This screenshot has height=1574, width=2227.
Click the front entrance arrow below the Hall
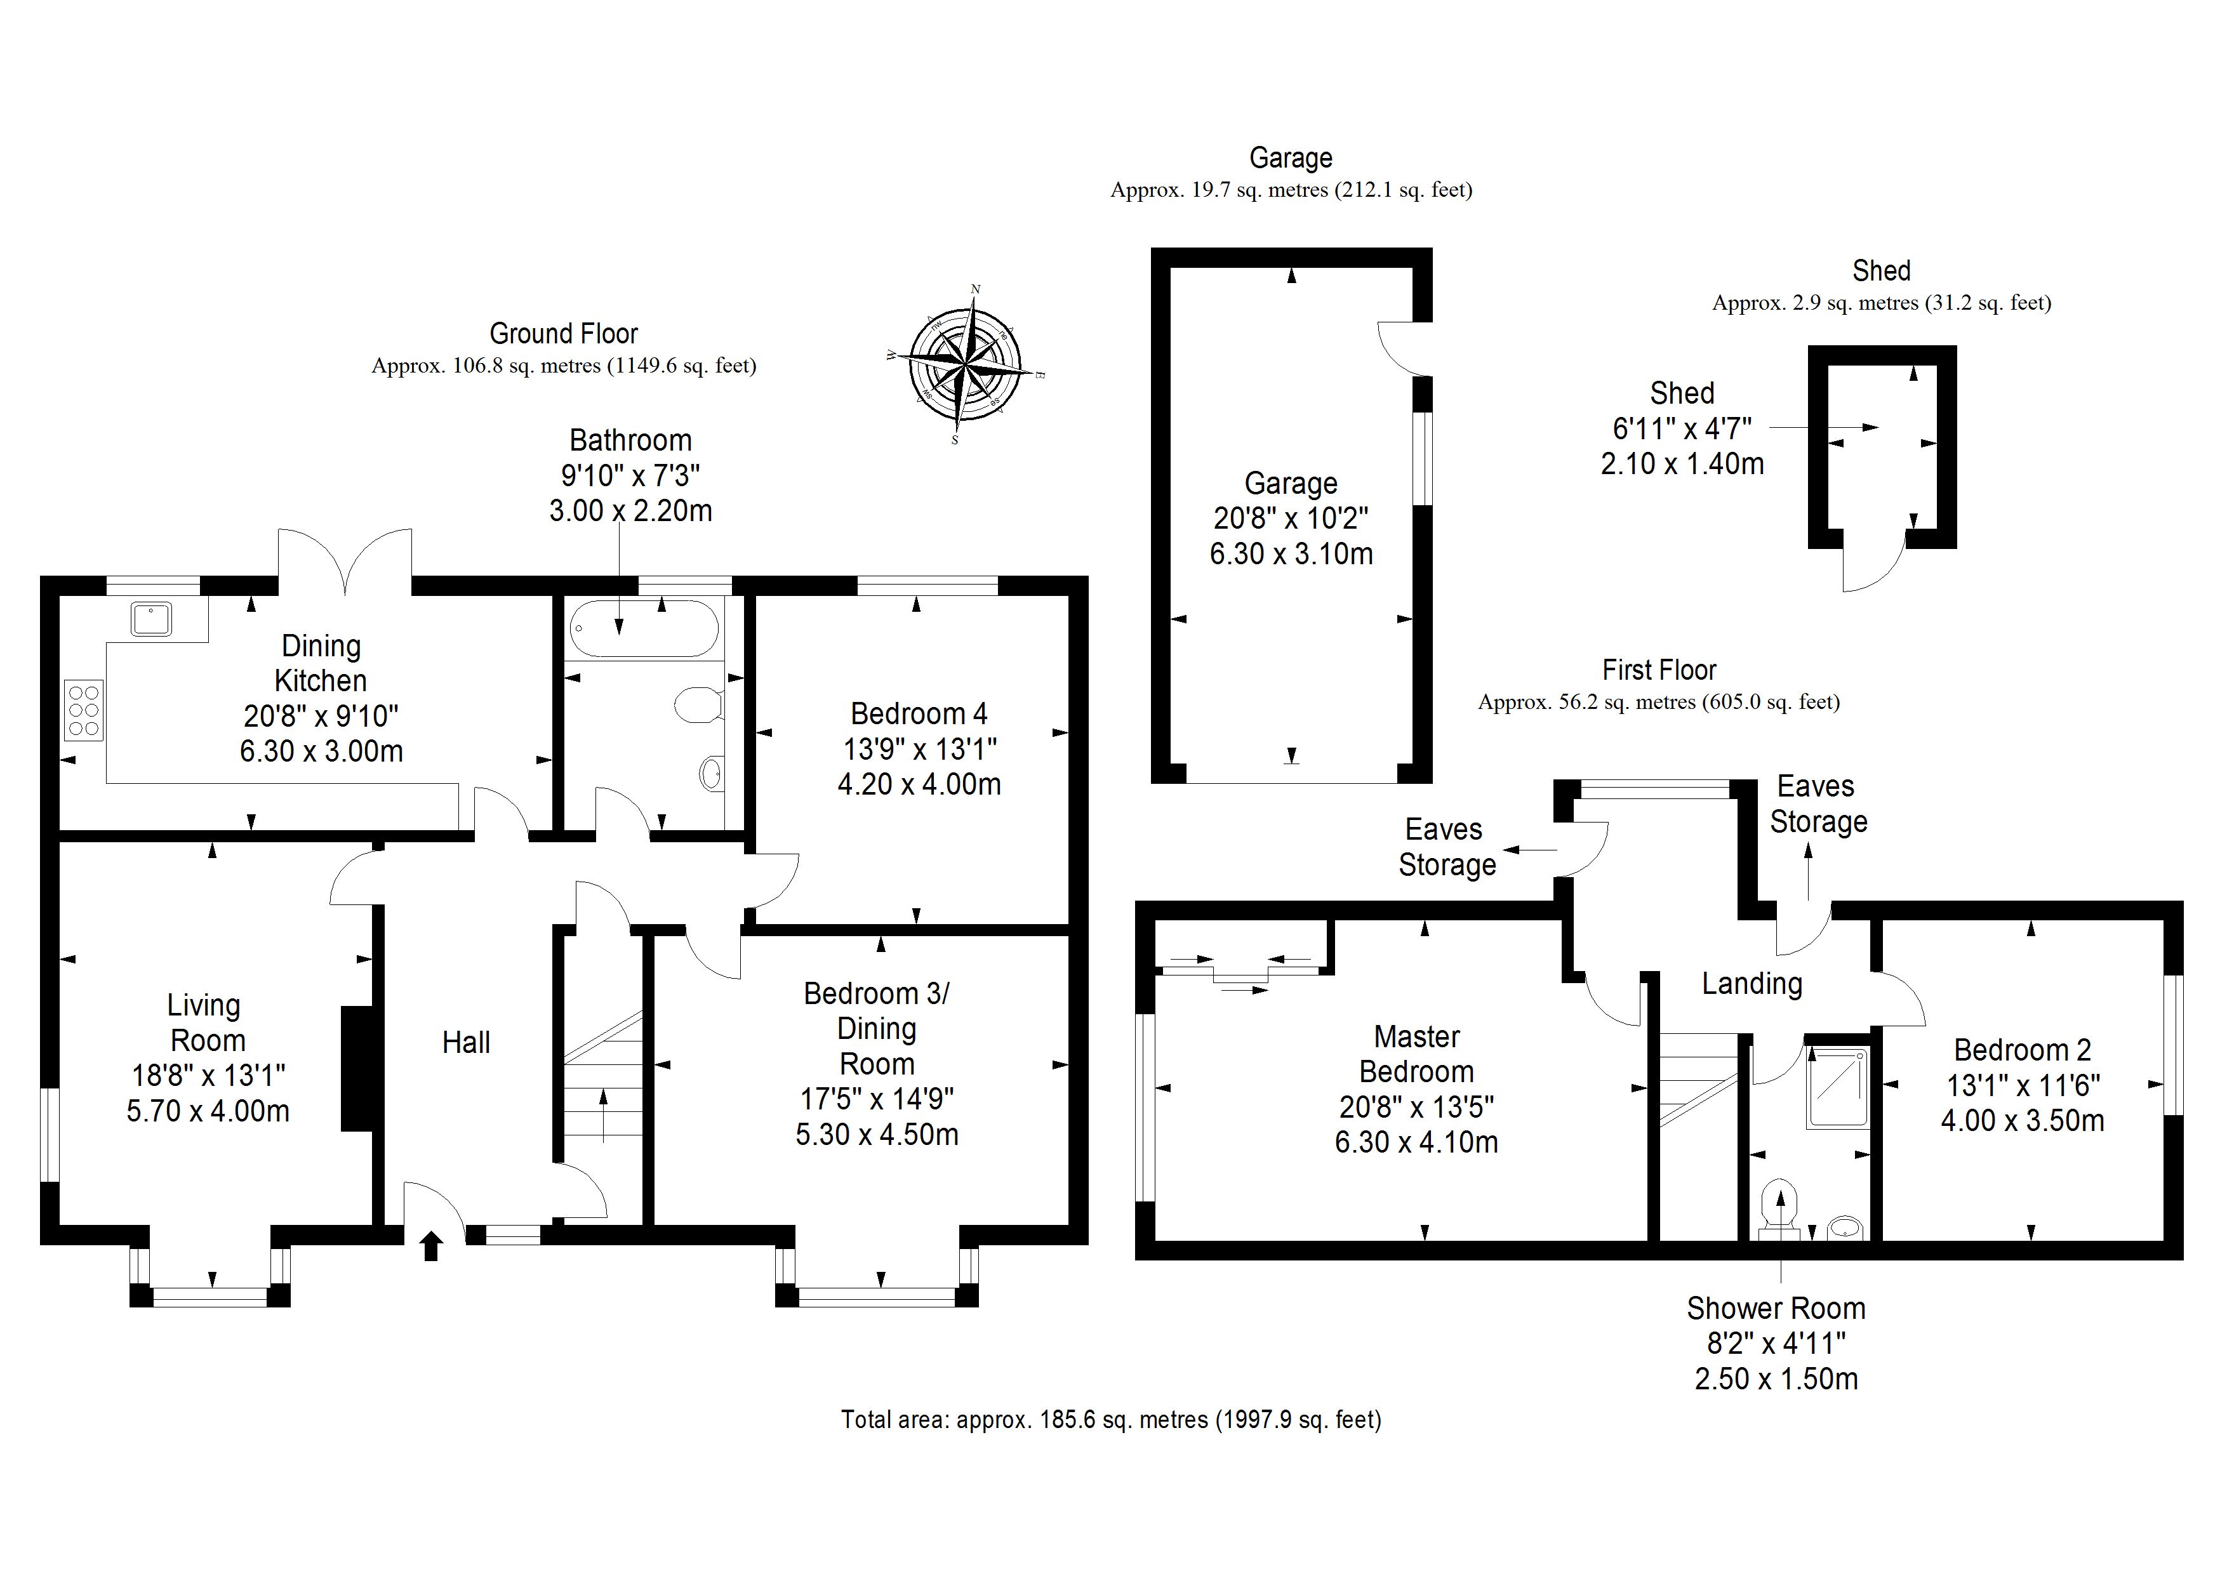coord(432,1245)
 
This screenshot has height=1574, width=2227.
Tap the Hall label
coord(467,1043)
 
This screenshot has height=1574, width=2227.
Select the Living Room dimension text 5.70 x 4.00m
coord(208,1111)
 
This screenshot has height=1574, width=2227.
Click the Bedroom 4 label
coord(919,714)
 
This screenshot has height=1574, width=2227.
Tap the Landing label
coord(1752,983)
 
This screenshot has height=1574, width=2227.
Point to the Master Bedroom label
coord(1416,1054)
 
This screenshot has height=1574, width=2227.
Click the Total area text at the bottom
coord(1110,1420)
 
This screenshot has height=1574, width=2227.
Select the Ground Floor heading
coord(564,334)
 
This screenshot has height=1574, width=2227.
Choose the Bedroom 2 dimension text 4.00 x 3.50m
coord(2023,1120)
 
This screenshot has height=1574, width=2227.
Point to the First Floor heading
coord(1659,670)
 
